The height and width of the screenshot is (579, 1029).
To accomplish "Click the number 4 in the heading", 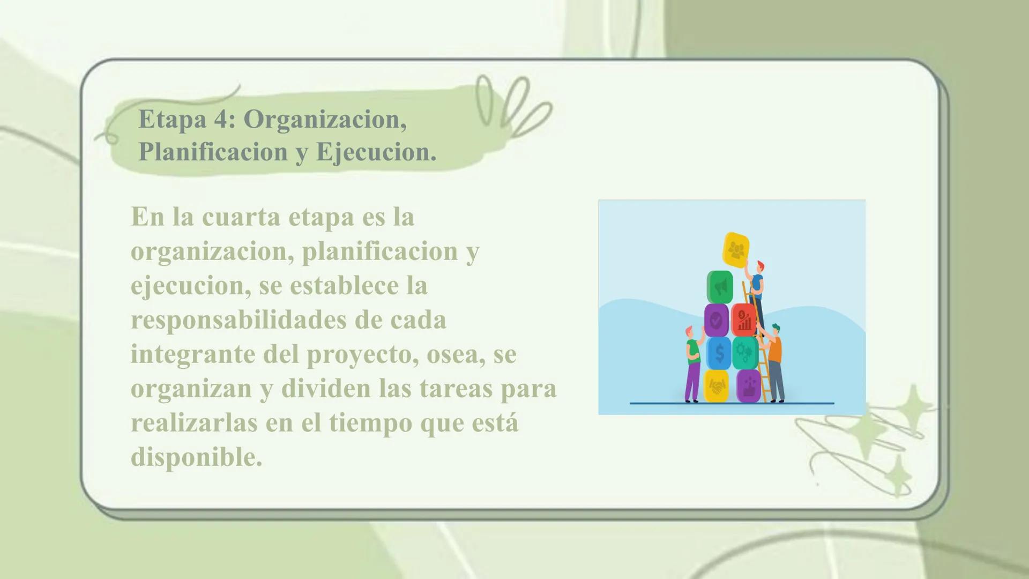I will tap(221, 119).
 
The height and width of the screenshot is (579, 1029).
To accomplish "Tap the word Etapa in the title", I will tap(172, 119).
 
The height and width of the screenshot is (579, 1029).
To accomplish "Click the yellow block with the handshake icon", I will tap(717, 385).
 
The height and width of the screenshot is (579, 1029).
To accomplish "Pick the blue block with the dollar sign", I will tap(719, 353).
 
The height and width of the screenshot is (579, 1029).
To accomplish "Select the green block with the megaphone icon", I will tap(720, 287).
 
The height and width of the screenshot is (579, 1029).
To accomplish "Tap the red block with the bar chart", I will tap(743, 320).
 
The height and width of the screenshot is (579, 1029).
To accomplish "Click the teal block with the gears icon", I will tap(744, 353).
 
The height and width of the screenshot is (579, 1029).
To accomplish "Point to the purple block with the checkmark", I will tap(717, 321).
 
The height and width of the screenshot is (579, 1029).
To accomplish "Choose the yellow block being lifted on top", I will tap(736, 249).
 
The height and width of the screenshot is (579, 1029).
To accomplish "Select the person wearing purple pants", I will tap(692, 365).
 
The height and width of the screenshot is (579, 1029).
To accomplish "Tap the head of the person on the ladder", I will tap(759, 266).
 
